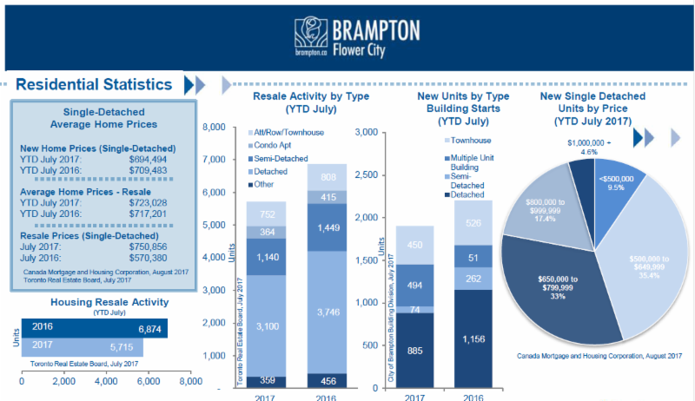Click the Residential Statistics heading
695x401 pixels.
click(x=94, y=84)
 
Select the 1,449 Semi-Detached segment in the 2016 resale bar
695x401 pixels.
click(x=327, y=227)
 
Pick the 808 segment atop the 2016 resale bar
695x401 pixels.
click(x=327, y=176)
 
